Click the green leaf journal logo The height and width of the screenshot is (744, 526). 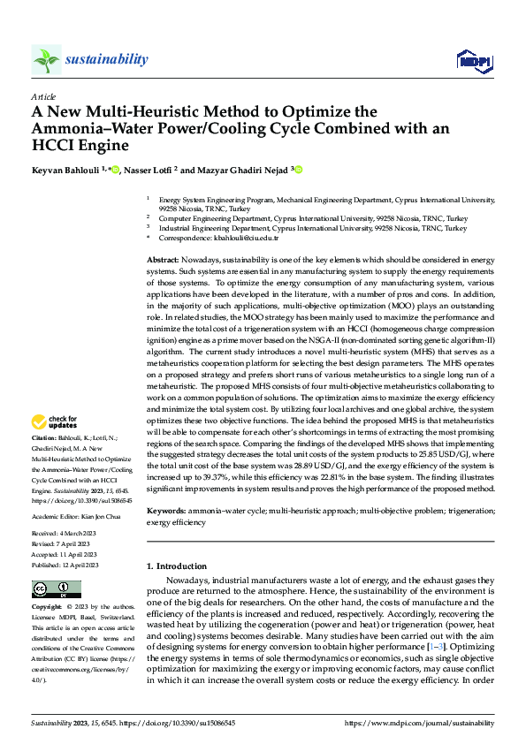click(x=46, y=59)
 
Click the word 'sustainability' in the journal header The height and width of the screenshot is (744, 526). click(x=106, y=59)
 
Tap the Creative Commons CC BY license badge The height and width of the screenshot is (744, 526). click(x=50, y=590)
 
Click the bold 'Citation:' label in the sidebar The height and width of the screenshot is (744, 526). click(x=45, y=438)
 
